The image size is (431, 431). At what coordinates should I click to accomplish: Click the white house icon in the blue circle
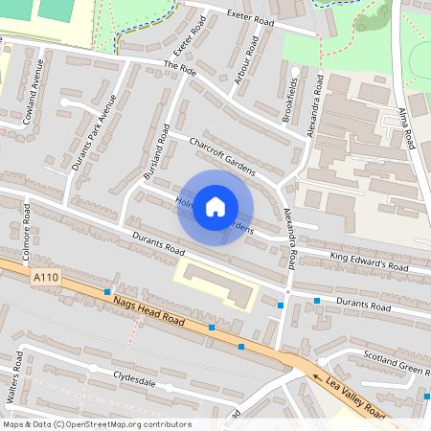(215, 206)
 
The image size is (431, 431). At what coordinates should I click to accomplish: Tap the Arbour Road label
(246, 60)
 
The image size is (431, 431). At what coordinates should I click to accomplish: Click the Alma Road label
(405, 127)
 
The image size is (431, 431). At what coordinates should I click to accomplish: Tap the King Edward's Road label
(369, 260)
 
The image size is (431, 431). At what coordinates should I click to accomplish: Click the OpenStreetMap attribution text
(97, 424)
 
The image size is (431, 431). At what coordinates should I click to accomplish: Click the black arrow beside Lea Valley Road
(320, 377)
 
